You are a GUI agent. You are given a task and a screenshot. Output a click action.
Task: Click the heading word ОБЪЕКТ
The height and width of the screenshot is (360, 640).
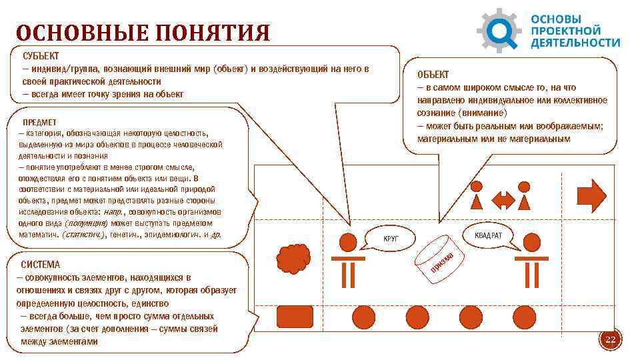(433, 75)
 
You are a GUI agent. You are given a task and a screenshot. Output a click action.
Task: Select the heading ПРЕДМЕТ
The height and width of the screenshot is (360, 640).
(40, 123)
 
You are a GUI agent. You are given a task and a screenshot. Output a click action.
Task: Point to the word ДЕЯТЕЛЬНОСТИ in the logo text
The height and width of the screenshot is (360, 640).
(575, 43)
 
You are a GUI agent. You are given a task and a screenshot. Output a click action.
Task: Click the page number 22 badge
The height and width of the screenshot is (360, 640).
(609, 340)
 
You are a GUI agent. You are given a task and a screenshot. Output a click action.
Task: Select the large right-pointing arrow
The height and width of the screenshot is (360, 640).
(591, 195)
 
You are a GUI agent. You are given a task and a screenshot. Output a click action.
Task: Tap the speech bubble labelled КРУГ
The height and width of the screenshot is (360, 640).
(391, 237)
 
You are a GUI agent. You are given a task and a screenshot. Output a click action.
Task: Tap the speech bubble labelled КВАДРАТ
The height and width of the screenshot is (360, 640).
(485, 235)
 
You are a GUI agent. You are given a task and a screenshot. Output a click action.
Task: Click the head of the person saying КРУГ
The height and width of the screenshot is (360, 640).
(347, 241)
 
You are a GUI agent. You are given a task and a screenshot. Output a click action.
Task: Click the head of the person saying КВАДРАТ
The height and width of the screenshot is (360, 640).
(532, 241)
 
